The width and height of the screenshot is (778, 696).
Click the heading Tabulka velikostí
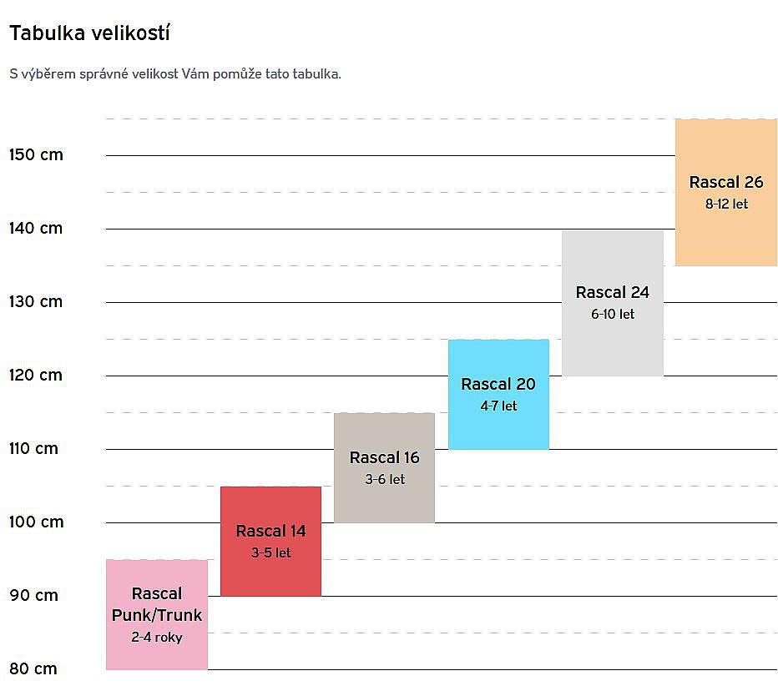90,33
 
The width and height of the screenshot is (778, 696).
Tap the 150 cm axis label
36,154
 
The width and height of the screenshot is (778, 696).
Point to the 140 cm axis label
36,228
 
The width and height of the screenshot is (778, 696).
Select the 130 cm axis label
36,301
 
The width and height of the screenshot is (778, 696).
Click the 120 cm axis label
36,375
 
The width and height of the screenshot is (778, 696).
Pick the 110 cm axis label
33,448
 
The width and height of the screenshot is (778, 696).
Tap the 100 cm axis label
36,522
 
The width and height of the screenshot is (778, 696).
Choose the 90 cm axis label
33,595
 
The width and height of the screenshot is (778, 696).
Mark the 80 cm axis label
33,668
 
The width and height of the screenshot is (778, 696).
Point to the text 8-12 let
726,204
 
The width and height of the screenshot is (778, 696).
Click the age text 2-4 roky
157,637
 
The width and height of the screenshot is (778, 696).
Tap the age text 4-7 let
498,406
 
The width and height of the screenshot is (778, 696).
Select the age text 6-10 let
613,314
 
